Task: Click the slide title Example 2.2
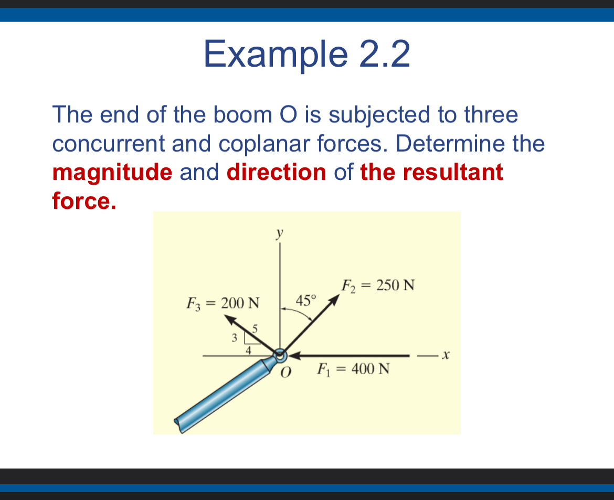306,54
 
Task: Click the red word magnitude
112,173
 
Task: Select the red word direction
277,173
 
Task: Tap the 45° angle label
306,301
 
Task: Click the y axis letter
281,232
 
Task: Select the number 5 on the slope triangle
256,329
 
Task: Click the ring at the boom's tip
280,355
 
